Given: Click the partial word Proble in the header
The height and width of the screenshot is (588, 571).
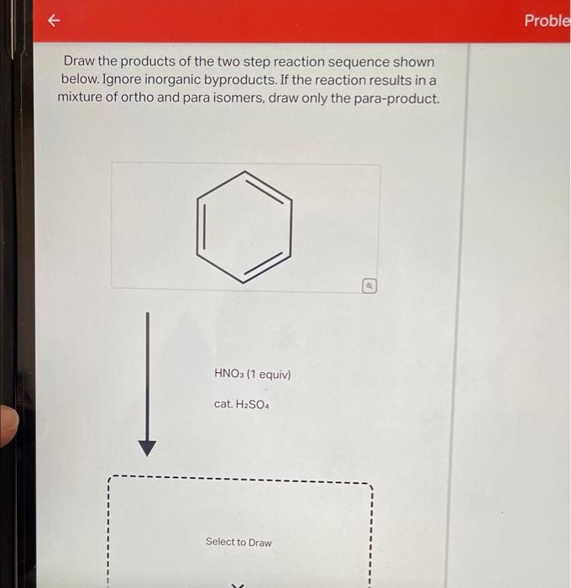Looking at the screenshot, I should coord(547,20).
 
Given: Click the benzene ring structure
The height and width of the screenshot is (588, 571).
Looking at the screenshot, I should coord(244,228).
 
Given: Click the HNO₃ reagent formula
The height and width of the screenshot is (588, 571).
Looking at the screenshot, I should coord(229,374).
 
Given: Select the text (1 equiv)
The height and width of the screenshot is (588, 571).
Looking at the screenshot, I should coord(268,374).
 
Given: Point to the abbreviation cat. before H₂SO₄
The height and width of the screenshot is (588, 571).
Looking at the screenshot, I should coord(223,404).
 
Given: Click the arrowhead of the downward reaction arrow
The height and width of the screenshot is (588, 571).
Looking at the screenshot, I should coord(147,447).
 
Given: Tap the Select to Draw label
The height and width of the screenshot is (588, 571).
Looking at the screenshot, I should coord(238,542).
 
